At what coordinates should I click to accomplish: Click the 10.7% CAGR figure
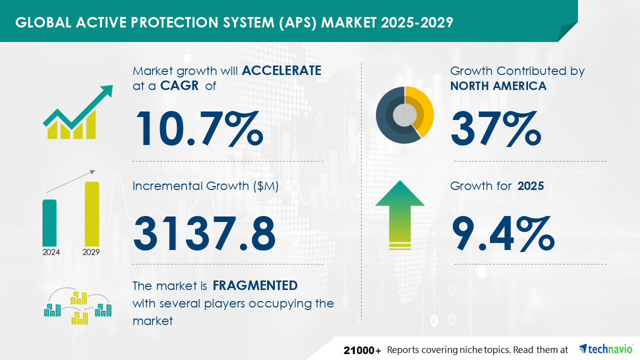(199, 128)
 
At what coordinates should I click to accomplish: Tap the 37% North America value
(495, 128)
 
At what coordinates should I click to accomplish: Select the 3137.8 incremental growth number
(204, 233)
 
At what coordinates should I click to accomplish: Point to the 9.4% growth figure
(503, 233)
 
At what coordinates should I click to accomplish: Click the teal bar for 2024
(49, 223)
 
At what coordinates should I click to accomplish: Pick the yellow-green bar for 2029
(91, 214)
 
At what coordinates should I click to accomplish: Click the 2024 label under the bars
(51, 252)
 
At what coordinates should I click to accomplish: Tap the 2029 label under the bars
(91, 252)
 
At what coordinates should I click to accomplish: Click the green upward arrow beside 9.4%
(400, 215)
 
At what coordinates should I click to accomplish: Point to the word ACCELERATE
(281, 70)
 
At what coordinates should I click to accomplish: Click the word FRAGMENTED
(255, 285)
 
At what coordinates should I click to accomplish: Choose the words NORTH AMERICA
(498, 85)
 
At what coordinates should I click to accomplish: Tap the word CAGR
(179, 85)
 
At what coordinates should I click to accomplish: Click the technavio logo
(606, 349)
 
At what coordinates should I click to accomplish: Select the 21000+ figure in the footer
(362, 350)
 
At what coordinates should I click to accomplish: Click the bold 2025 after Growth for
(530, 186)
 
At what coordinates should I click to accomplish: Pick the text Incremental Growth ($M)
(205, 186)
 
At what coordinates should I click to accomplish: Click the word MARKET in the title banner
(349, 22)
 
